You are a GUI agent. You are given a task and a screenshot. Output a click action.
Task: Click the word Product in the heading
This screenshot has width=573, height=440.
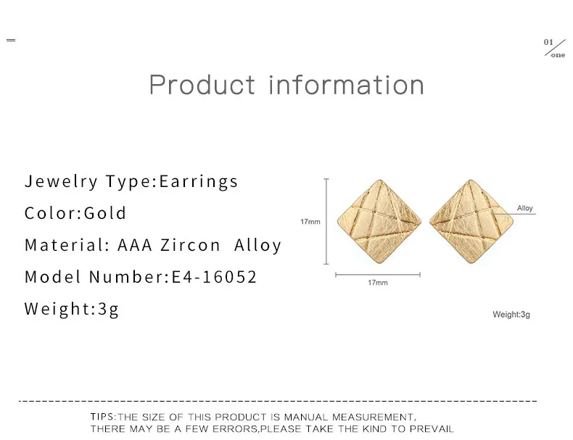coord(202,85)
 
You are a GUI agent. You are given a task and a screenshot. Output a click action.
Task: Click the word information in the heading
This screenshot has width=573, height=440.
coord(347,85)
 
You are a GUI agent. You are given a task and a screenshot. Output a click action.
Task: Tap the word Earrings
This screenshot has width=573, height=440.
coord(199,181)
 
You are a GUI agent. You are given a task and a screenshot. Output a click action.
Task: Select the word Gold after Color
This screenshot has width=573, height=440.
coord(105,213)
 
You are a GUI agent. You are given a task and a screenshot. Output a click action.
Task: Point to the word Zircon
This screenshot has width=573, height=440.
coord(190,245)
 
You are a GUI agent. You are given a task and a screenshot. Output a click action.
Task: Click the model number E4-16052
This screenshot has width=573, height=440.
coord(214,277)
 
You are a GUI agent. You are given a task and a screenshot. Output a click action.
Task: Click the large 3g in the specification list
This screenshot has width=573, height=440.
coord(108,310)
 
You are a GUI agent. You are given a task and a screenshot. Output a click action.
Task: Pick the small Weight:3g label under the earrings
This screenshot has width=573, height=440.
coord(511,315)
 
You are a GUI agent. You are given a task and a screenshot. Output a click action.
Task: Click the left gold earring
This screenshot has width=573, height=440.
coord(379,221)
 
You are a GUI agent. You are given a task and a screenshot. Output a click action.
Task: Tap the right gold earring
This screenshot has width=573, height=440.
coord(471,221)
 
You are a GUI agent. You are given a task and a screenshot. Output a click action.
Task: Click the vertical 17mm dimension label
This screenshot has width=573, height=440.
coord(310,222)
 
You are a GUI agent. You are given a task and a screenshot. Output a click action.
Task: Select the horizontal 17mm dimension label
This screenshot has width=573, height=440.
coord(377,283)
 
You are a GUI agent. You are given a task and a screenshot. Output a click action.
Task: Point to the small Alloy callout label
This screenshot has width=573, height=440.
coord(524,208)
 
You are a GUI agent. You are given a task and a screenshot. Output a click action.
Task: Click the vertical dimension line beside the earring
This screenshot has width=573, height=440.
coord(326,221)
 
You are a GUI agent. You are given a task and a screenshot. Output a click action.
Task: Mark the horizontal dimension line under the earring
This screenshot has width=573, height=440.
coord(378,275)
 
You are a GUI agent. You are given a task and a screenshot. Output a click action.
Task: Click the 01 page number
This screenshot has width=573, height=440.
coord(548,42)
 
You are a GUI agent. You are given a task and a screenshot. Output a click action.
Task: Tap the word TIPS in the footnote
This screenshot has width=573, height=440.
coord(102,417)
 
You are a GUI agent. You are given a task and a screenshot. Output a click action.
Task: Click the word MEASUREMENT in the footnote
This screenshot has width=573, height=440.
coord(374,417)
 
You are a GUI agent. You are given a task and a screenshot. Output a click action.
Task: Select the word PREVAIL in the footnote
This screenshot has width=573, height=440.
coord(432,428)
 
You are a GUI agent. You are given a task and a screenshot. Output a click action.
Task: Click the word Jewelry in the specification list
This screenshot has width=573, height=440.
coord(61,181)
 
